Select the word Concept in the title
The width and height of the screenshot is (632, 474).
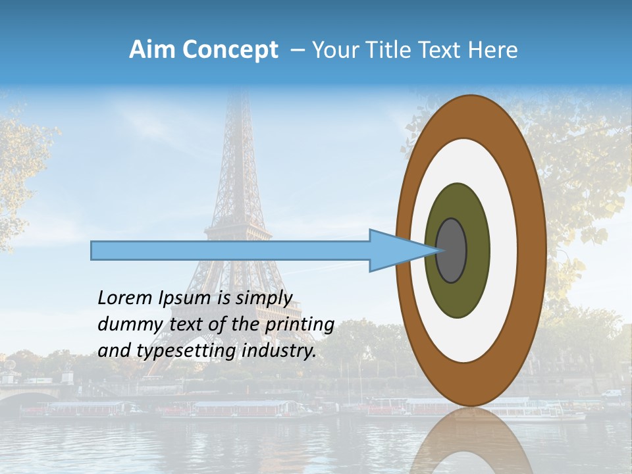(x=230, y=50)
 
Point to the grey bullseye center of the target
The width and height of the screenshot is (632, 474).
(x=452, y=251)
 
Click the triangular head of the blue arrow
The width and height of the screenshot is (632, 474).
(x=395, y=251)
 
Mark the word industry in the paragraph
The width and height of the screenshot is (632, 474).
(x=279, y=351)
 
